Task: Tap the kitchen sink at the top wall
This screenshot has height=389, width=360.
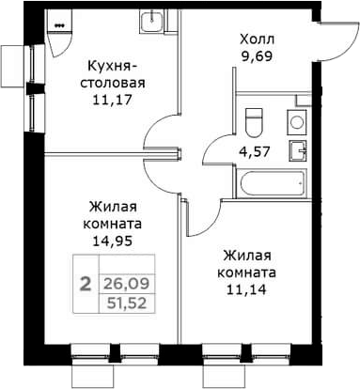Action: [x=150, y=22]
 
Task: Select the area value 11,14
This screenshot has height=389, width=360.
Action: [x=249, y=289]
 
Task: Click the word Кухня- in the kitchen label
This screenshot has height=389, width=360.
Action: [x=115, y=65]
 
